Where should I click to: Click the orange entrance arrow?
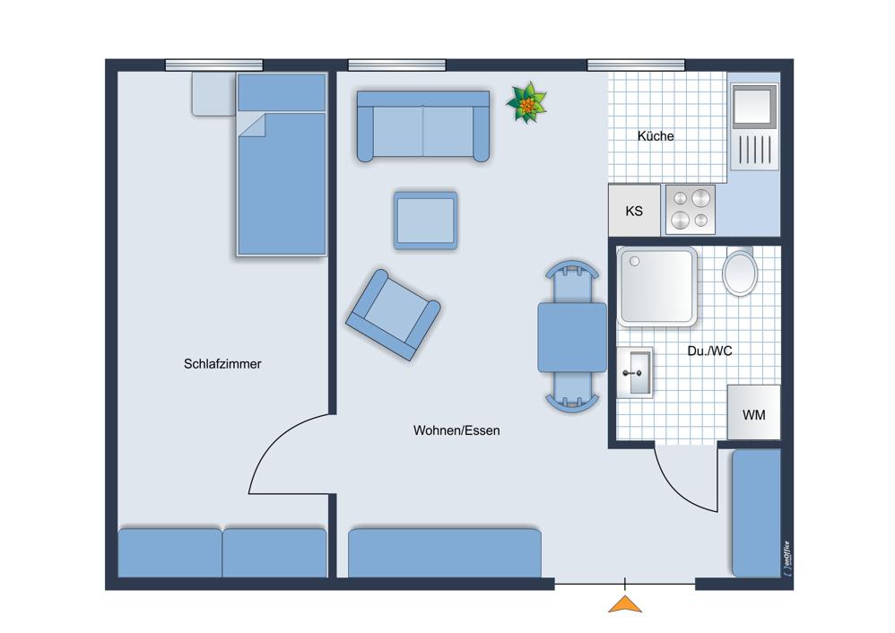pyautogui.click(x=625, y=604)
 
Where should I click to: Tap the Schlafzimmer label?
pyautogui.click(x=222, y=364)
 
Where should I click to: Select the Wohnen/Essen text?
pyautogui.click(x=456, y=430)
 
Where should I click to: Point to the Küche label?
pyautogui.click(x=656, y=136)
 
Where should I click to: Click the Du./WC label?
pyautogui.click(x=709, y=351)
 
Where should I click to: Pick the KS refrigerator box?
pyautogui.click(x=634, y=210)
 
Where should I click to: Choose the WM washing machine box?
pyautogui.click(x=753, y=412)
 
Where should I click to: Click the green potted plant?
pyautogui.click(x=526, y=103)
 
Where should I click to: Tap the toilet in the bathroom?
pyautogui.click(x=740, y=272)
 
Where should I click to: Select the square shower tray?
pyautogui.click(x=657, y=287)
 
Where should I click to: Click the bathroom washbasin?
pyautogui.click(x=635, y=372)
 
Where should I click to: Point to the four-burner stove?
pyautogui.click(x=691, y=210)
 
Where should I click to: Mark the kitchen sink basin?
pyautogui.click(x=754, y=106)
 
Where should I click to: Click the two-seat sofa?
pyautogui.click(x=423, y=126)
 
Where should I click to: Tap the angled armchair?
pyautogui.click(x=394, y=315)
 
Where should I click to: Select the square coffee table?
pyautogui.click(x=425, y=221)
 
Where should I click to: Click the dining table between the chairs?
pyautogui.click(x=572, y=337)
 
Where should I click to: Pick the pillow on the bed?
pyautogui.click(x=282, y=92)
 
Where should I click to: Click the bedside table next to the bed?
pyautogui.click(x=213, y=93)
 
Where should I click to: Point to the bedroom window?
pyautogui.click(x=214, y=65)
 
